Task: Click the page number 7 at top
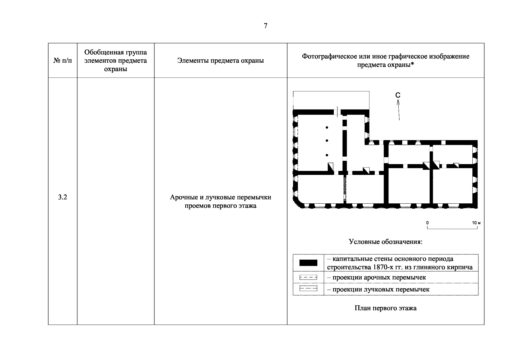265,26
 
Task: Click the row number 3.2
62,197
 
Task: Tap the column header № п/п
63,61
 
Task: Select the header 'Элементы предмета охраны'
220,61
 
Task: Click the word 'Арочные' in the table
183,197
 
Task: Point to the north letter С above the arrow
398,95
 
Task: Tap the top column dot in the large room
327,127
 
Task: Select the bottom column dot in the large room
327,155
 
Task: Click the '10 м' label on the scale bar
476,223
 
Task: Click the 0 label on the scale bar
427,223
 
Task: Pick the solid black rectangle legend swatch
308,263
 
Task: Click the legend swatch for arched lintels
308,277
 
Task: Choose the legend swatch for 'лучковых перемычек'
308,289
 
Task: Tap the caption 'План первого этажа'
385,308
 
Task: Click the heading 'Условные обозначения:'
385,242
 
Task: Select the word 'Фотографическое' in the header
327,56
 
